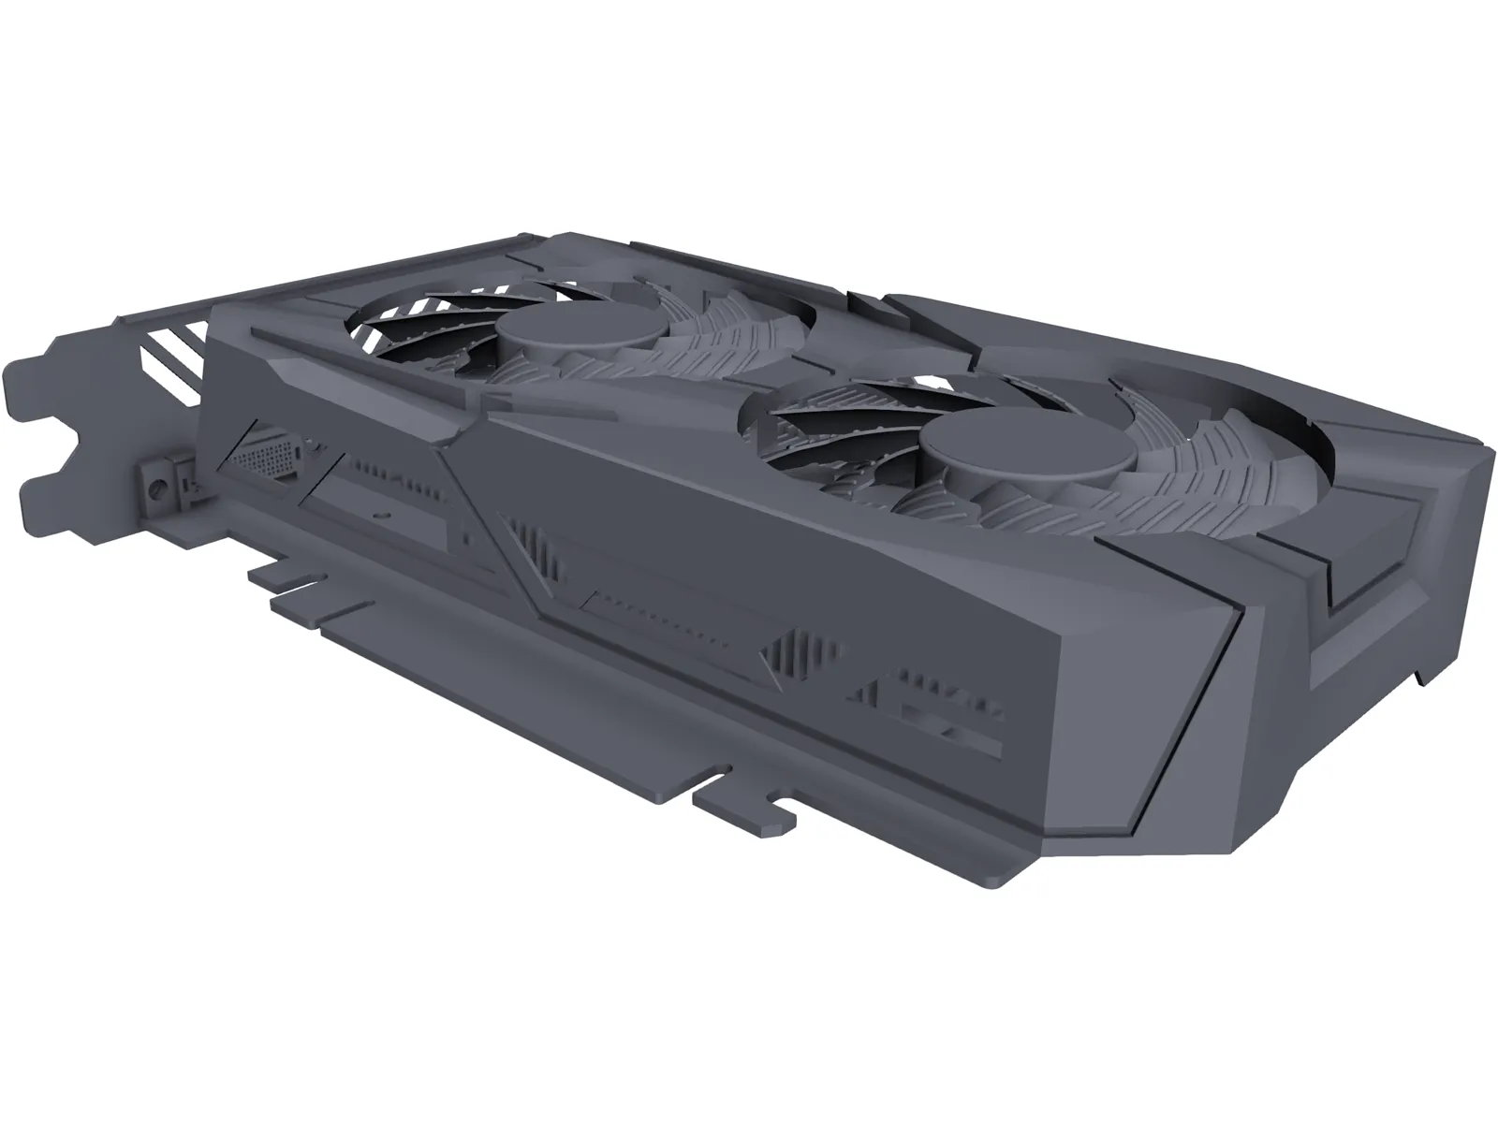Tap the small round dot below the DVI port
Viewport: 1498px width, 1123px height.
[x=381, y=514]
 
